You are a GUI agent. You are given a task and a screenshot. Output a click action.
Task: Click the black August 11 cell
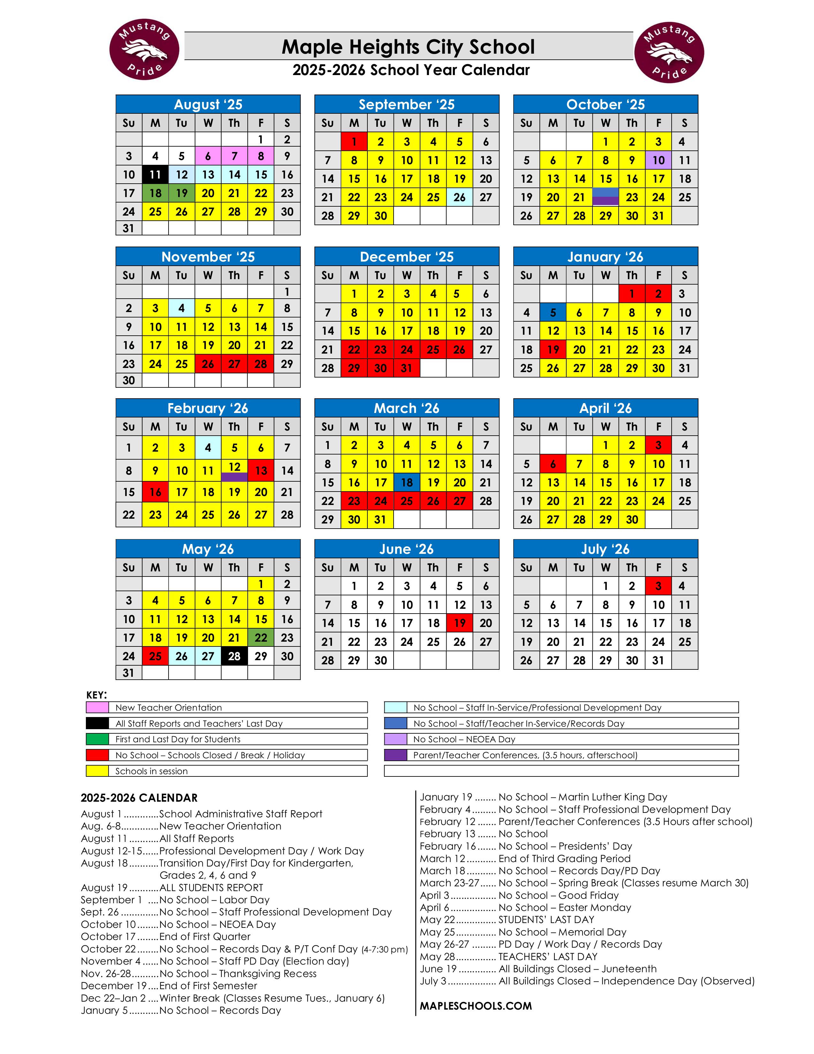(x=155, y=174)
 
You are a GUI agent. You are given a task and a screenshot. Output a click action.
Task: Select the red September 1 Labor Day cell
(x=354, y=141)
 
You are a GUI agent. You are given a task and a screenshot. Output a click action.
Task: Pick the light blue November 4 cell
(x=181, y=308)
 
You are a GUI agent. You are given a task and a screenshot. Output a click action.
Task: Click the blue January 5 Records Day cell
(x=553, y=312)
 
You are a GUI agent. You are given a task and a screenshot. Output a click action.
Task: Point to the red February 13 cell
(x=261, y=470)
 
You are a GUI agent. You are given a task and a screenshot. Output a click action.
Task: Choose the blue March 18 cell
(x=406, y=482)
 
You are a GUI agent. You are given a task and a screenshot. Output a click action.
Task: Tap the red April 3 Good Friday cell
(x=658, y=445)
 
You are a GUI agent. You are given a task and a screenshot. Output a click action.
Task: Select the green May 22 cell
(x=261, y=638)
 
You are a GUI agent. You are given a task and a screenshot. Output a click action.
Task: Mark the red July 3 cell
(x=658, y=586)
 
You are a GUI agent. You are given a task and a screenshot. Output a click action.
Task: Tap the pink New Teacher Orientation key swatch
(x=97, y=707)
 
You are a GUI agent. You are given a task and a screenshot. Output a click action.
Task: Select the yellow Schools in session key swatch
(x=97, y=771)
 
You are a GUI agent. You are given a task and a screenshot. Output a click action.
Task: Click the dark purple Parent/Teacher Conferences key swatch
(x=396, y=755)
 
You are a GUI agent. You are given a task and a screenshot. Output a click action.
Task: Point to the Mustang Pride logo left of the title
(x=144, y=50)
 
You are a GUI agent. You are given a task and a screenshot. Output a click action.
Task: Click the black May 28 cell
(x=234, y=656)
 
